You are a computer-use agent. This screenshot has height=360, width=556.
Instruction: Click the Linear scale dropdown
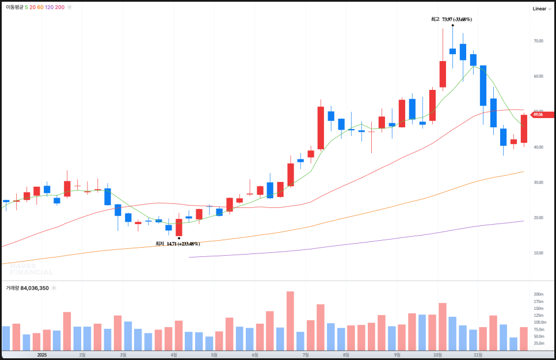(x=542, y=9)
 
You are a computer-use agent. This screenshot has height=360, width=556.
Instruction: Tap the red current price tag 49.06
(x=542, y=115)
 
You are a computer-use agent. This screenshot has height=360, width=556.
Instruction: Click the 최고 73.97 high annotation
(x=451, y=19)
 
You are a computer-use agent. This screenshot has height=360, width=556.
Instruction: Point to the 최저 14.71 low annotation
(x=178, y=244)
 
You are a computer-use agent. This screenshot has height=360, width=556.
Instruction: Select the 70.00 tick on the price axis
(x=538, y=41)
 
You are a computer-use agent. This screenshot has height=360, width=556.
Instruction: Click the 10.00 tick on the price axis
(x=538, y=253)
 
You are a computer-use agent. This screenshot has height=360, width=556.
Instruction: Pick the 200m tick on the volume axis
(x=538, y=294)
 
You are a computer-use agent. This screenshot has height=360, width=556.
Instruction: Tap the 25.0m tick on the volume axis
(x=538, y=343)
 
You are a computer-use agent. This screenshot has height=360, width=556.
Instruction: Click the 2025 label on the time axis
(x=41, y=355)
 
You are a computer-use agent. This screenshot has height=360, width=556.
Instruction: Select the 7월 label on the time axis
(x=306, y=355)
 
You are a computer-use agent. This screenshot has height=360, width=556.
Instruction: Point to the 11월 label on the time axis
(x=477, y=355)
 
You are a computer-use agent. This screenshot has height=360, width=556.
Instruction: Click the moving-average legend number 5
(x=26, y=7)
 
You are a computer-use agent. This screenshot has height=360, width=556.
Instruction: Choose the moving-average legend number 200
(x=60, y=7)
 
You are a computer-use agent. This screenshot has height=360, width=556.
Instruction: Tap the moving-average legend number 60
(x=40, y=7)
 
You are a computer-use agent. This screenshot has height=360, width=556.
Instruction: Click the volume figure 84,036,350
(x=35, y=287)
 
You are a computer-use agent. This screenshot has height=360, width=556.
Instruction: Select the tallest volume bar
(x=290, y=321)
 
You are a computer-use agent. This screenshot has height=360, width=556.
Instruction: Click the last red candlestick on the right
(x=524, y=128)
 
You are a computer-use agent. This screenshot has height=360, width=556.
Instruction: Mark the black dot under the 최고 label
(x=453, y=25)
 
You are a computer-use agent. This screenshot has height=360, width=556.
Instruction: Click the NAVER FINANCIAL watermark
(x=31, y=269)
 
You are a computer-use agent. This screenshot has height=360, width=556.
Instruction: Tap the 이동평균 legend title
(x=14, y=7)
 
